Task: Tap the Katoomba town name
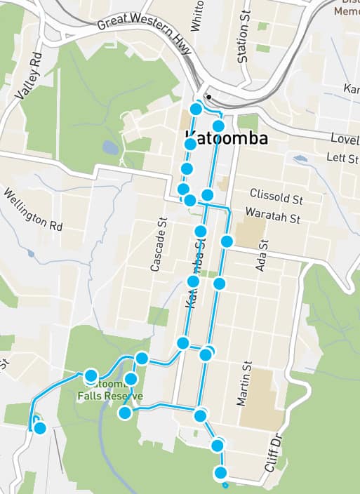pyautogui.click(x=226, y=138)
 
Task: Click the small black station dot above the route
pyautogui.click(x=208, y=97)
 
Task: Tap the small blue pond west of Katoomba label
pyautogui.click(x=111, y=147)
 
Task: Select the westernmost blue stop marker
pyautogui.click(x=40, y=427)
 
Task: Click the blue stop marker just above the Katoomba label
pyautogui.click(x=218, y=126)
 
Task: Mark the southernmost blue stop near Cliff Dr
pyautogui.click(x=222, y=472)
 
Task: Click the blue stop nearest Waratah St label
pyautogui.click(x=227, y=241)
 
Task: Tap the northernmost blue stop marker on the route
pyautogui.click(x=196, y=109)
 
